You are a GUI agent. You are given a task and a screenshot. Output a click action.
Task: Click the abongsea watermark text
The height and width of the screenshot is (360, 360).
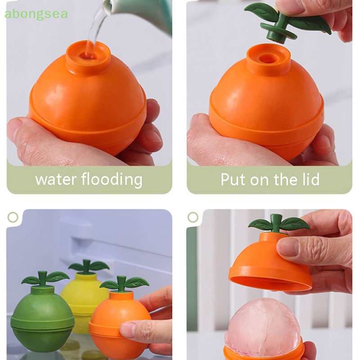[x=36, y=14]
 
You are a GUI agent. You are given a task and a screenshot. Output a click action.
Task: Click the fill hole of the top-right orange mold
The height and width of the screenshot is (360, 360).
[x=269, y=59]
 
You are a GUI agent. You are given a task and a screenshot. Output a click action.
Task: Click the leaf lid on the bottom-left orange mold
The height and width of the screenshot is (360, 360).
[x=124, y=283]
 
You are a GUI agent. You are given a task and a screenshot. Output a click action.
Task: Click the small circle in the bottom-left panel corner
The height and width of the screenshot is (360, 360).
[x=13, y=217]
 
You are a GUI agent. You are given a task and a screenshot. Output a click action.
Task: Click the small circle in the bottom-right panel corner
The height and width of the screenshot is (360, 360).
[x=193, y=217]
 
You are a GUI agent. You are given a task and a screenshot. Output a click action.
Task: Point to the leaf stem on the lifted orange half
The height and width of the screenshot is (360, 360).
[x=276, y=224]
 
